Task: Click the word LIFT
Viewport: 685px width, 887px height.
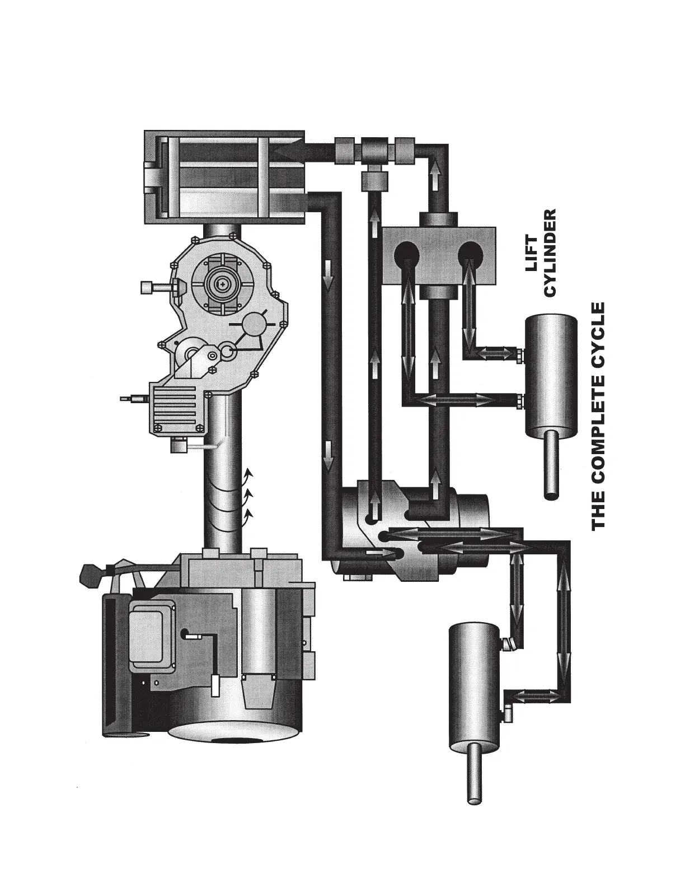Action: click(x=531, y=253)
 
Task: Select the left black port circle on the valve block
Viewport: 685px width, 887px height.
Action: click(x=406, y=254)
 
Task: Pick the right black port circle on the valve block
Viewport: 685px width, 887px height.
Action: click(x=471, y=254)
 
